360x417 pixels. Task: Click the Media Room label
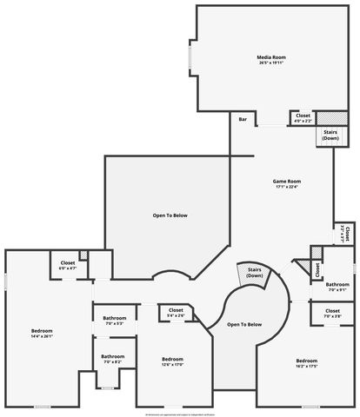[x=270, y=57]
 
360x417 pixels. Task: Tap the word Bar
[x=242, y=118]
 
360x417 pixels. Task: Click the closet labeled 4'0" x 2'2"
[x=303, y=117]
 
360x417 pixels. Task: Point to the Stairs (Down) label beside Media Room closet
[x=330, y=136]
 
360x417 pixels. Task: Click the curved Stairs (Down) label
[x=254, y=272]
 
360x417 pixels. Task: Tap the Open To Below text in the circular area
[x=244, y=324]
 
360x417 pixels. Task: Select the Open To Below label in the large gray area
[x=170, y=215]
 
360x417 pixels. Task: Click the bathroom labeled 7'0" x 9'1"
[x=337, y=287]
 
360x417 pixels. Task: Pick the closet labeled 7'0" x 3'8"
[x=332, y=313]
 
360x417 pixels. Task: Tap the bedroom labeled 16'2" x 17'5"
[x=307, y=363]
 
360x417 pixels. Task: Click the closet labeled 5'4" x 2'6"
[x=176, y=312]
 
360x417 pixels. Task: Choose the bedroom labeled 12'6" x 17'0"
[x=172, y=361]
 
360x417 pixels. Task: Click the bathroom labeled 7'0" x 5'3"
[x=113, y=321]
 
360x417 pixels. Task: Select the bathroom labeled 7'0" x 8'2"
[x=112, y=358]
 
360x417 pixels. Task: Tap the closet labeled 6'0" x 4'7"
[x=68, y=266]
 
